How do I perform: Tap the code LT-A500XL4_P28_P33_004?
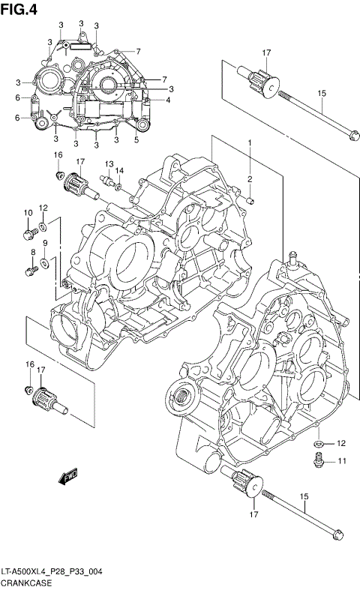tap(52, 571)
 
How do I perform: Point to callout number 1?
tap(250, 142)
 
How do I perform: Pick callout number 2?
tap(250, 179)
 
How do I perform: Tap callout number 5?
tap(136, 139)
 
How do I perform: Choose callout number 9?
tap(45, 244)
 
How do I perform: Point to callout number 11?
tap(340, 460)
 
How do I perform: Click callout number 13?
tap(109, 164)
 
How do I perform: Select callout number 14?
tap(119, 170)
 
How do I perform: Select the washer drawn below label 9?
tap(45, 262)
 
